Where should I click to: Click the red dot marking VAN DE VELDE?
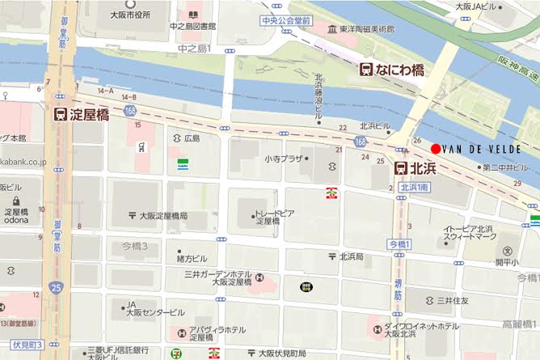click(436, 148)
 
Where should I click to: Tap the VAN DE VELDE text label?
click(483, 149)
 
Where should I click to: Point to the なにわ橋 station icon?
click(366, 70)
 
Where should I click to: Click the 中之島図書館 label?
click(192, 26)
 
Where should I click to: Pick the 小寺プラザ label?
click(282, 159)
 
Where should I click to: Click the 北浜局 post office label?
click(352, 256)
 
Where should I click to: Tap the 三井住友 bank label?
click(453, 300)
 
